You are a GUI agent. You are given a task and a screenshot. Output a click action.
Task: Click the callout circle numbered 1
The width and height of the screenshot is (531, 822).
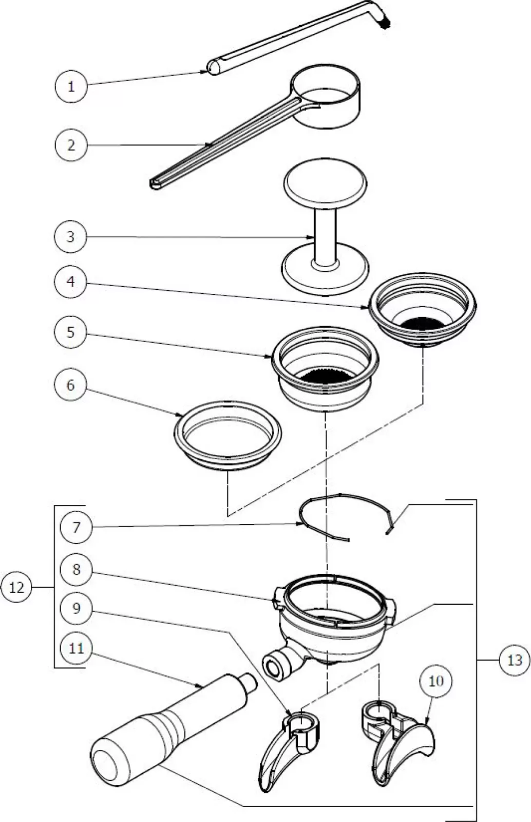tap(71, 86)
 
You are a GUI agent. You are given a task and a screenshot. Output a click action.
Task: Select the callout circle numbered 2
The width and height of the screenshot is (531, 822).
tap(71, 145)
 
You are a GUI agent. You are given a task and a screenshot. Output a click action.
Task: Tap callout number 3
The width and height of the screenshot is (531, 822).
tap(71, 237)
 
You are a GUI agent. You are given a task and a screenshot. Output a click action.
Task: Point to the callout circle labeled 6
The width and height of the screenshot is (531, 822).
tap(71, 385)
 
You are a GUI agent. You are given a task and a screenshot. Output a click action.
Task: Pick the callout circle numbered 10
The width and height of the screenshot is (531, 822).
tap(436, 681)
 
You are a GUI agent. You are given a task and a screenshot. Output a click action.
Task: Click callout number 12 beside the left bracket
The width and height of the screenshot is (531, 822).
tap(17, 587)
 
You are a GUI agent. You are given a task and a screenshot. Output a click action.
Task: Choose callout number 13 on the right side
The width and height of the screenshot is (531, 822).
tap(515, 660)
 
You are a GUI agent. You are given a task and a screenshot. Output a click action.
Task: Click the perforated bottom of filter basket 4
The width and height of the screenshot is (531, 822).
tap(423, 323)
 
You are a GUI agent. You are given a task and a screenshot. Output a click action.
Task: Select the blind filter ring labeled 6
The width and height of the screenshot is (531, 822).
tap(227, 434)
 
